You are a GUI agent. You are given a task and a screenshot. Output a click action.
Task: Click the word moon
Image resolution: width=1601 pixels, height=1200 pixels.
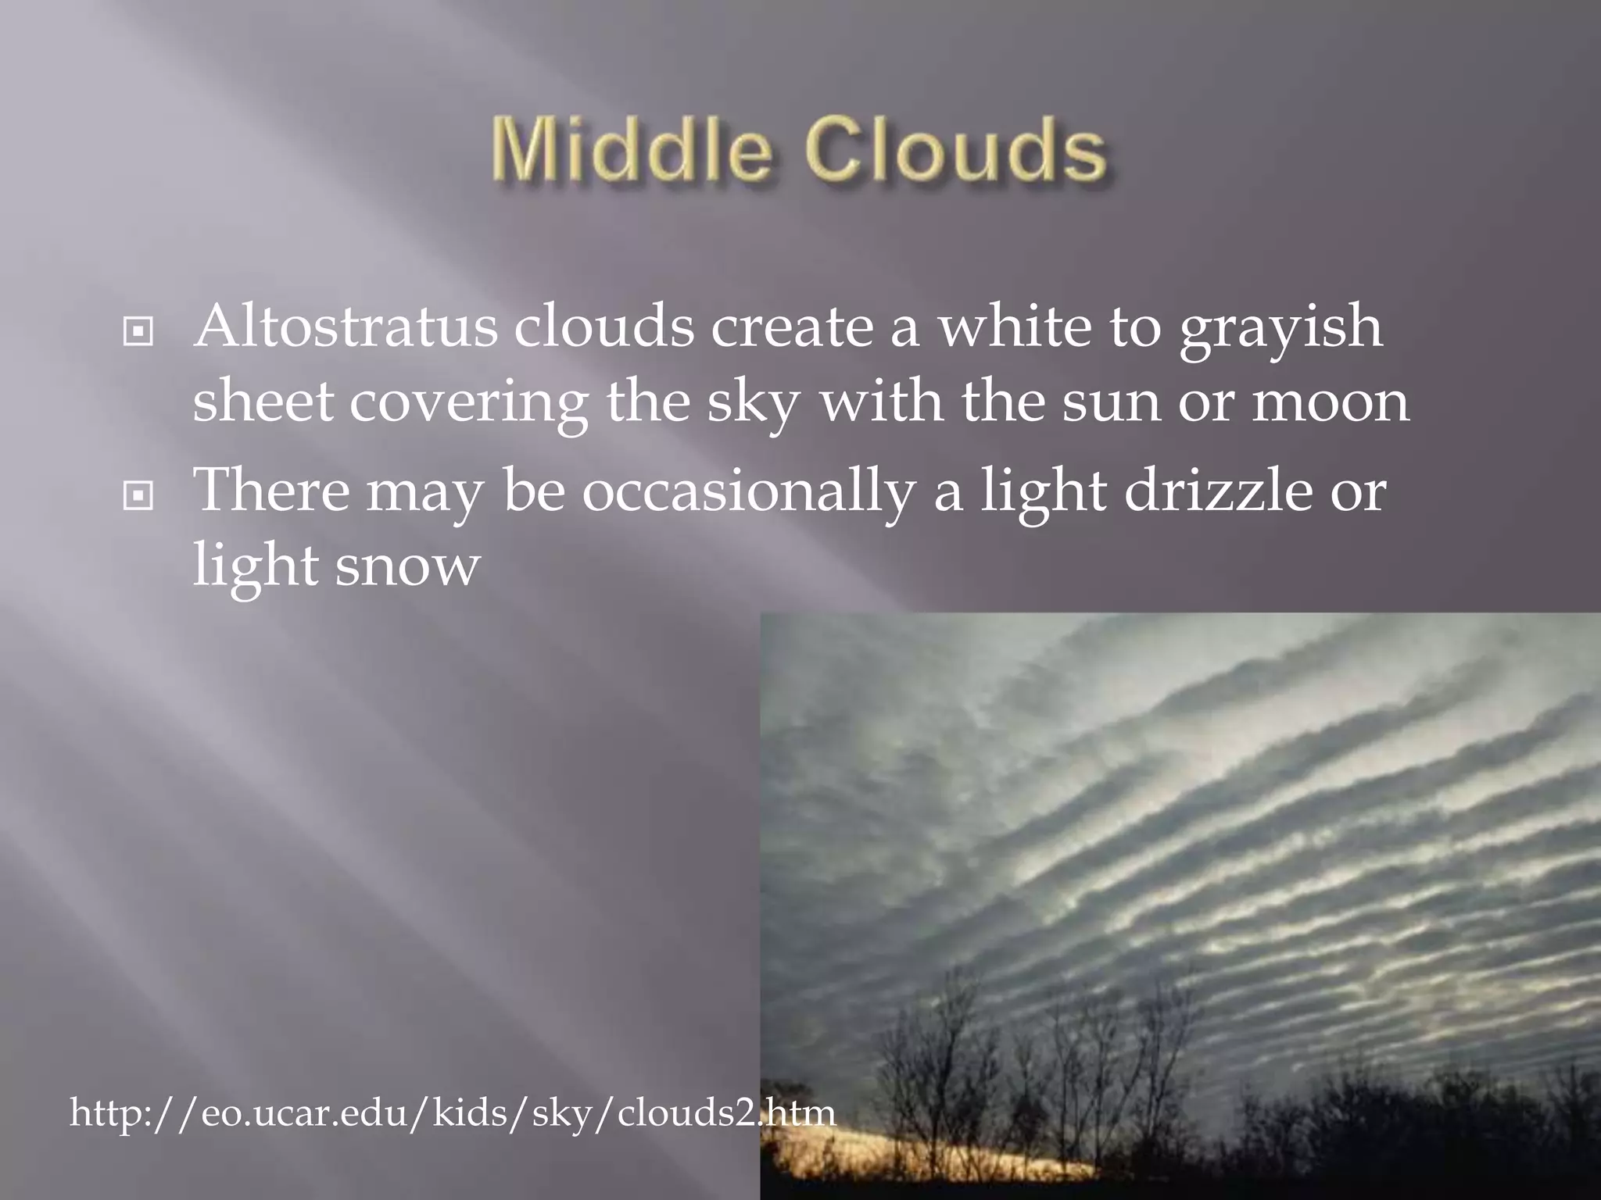pos(1331,403)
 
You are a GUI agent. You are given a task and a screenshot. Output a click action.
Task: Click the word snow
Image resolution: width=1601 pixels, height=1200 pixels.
pos(407,566)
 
